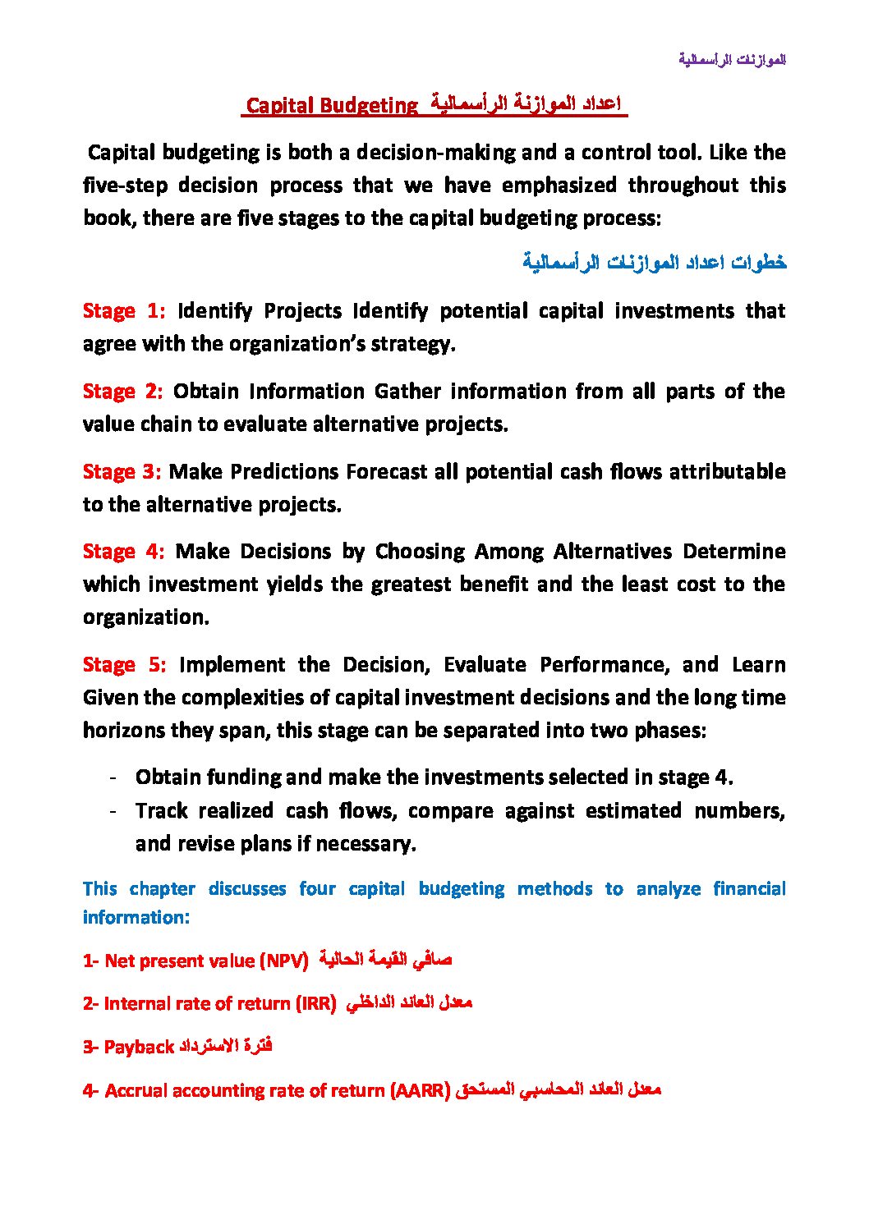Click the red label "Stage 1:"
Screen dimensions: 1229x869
[x=123, y=311]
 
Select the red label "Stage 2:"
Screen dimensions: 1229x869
[x=122, y=392]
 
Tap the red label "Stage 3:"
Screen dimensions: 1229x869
[x=122, y=472]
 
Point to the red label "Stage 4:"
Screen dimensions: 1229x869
[x=123, y=552]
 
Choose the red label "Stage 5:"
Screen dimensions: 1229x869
[x=124, y=665]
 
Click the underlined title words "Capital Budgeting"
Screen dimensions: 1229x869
[x=332, y=106]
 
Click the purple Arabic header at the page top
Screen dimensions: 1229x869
[x=732, y=60]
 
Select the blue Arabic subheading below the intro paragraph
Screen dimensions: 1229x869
[x=654, y=263]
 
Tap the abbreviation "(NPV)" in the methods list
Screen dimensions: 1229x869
[x=283, y=961]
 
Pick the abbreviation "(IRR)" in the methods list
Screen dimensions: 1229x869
[x=315, y=1004]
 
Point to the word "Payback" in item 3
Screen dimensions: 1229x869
[x=139, y=1048]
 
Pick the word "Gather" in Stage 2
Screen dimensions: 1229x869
[x=406, y=392]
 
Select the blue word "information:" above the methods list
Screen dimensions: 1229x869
[x=136, y=918]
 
